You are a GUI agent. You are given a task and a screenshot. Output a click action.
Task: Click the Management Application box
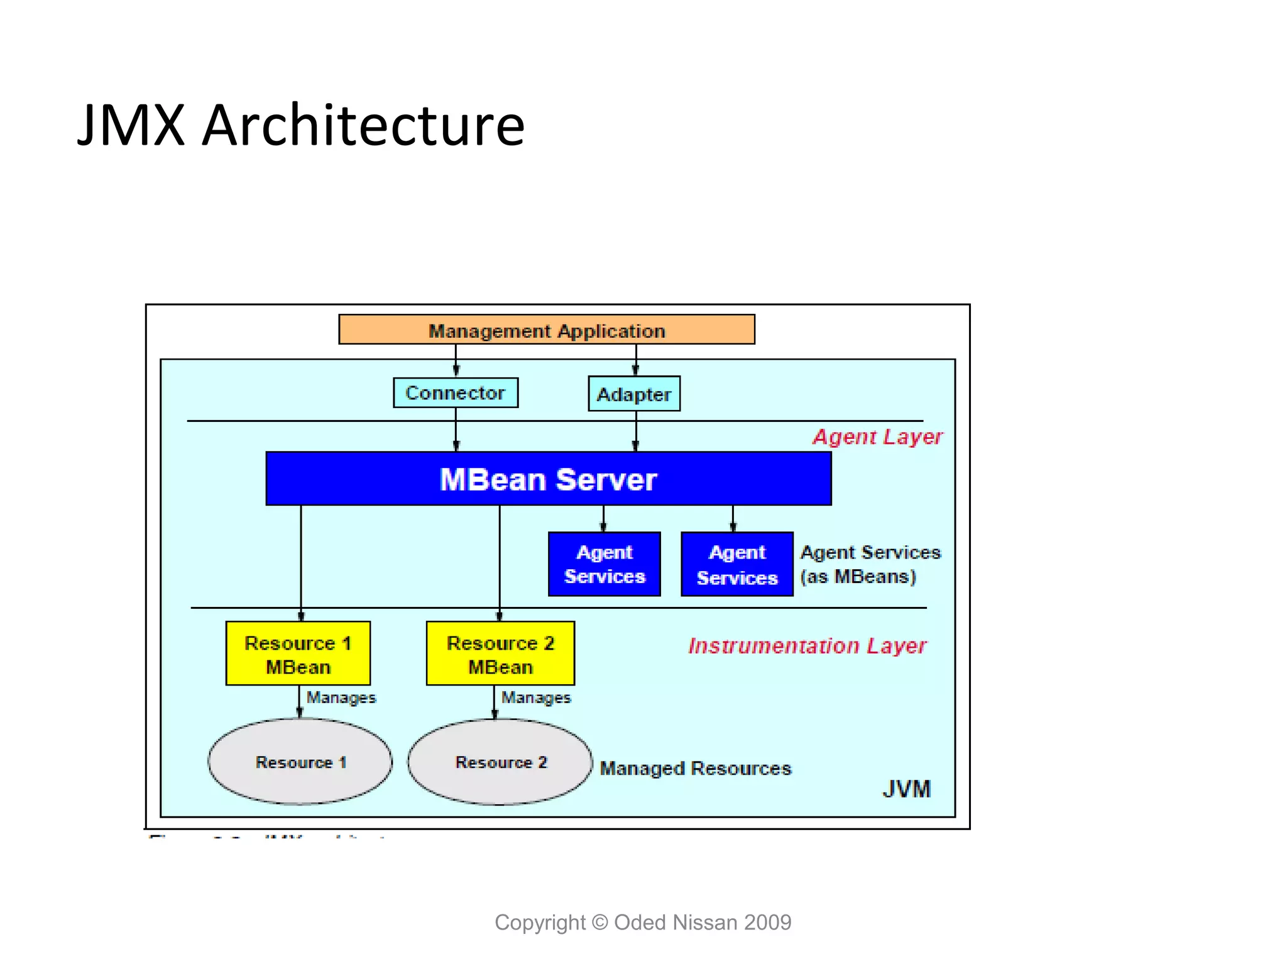[x=546, y=330]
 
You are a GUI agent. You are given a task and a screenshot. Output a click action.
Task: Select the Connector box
[x=456, y=393]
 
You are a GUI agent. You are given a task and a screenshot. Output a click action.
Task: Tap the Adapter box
[x=633, y=394]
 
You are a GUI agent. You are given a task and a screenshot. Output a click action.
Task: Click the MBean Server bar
[x=548, y=479]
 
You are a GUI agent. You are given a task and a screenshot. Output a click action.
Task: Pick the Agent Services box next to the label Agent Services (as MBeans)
[x=737, y=564]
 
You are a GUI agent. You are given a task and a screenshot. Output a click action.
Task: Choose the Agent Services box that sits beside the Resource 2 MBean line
[x=604, y=564]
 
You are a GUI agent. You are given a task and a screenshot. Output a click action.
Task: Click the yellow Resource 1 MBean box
[x=298, y=653]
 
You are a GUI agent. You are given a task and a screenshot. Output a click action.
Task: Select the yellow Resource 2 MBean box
[x=500, y=653]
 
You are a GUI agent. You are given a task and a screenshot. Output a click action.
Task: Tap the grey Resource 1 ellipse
[x=300, y=762]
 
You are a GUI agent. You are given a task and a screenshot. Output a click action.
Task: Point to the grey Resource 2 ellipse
[x=500, y=762]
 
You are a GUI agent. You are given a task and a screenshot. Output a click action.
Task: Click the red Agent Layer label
[x=877, y=436]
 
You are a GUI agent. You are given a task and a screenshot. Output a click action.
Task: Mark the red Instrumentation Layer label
[x=807, y=646]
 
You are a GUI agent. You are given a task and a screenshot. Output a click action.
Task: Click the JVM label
[x=906, y=789]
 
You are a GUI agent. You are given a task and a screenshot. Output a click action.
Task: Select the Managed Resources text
[x=695, y=768]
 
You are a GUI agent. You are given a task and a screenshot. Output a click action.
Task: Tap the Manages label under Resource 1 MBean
[x=341, y=697]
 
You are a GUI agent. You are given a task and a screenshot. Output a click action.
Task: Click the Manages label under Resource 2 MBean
[x=535, y=697]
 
